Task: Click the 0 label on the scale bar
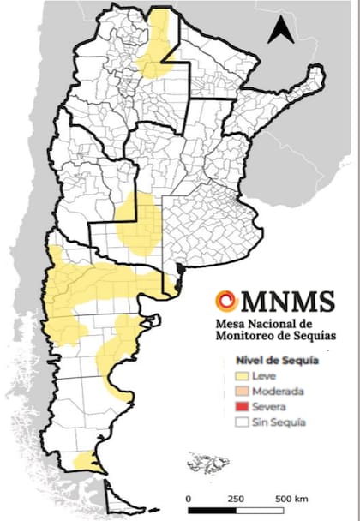pyautogui.click(x=189, y=498)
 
